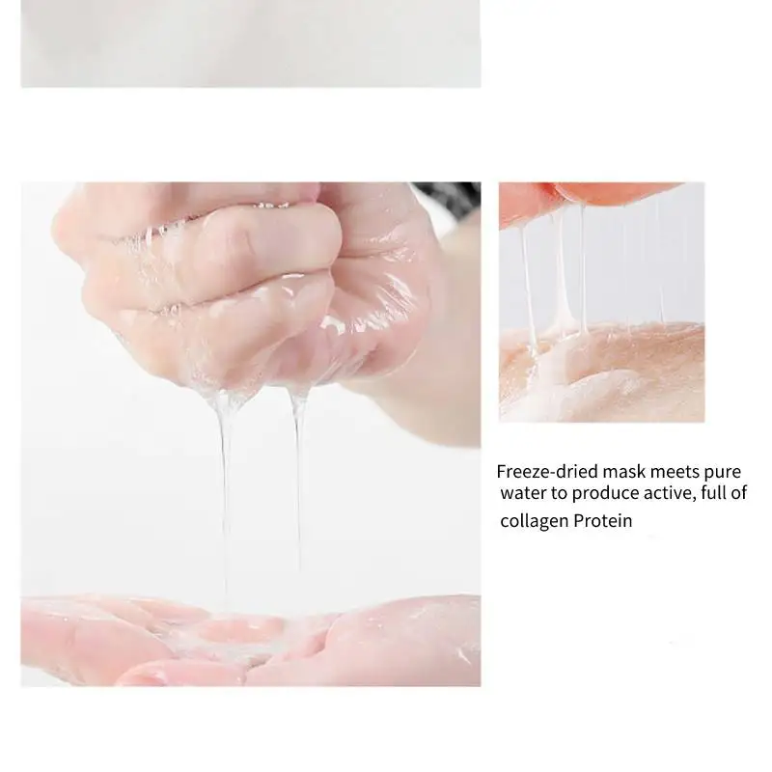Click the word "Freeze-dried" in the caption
[547, 471]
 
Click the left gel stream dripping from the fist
[225, 492]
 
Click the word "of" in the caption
[738, 492]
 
